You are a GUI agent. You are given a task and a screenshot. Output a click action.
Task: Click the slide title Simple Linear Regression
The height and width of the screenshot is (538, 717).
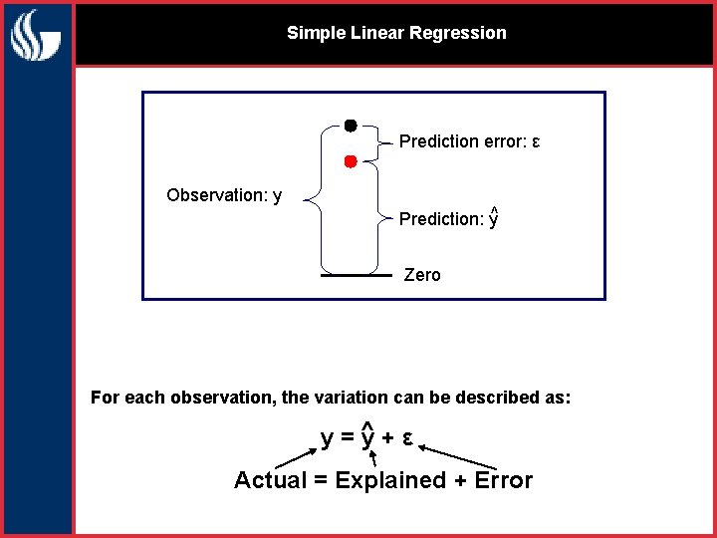[x=396, y=33]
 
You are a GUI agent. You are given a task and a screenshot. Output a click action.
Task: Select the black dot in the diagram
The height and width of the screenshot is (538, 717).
[x=351, y=126]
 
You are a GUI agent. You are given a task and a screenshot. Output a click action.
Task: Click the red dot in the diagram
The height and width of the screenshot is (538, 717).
[x=351, y=161]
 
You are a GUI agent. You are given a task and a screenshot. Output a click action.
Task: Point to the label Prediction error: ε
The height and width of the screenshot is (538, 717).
[x=469, y=141]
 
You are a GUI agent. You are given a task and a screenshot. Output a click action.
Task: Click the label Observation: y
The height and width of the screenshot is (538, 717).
[x=224, y=195]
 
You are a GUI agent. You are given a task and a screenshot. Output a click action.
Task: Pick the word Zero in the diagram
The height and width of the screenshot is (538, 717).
[x=422, y=275]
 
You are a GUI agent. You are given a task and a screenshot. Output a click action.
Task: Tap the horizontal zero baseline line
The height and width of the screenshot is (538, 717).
[x=356, y=274]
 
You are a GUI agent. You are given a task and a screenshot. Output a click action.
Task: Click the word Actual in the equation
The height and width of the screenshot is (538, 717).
[x=270, y=480]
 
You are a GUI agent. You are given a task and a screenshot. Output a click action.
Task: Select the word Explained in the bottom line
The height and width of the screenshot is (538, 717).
[x=390, y=480]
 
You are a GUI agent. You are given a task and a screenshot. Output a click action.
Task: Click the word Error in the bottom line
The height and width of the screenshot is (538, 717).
[x=503, y=480]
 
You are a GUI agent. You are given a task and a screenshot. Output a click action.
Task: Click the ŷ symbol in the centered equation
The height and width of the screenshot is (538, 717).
[x=367, y=436]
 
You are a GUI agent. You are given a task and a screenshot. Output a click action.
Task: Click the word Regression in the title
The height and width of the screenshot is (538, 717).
[x=461, y=33]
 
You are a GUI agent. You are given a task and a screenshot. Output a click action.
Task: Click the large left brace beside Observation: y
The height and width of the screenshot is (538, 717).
[x=311, y=199]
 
